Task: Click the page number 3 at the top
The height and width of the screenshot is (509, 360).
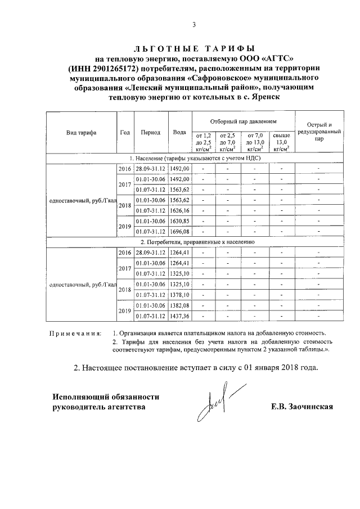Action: pos(193,24)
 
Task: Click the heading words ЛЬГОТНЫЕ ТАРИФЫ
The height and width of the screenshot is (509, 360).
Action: pos(194,48)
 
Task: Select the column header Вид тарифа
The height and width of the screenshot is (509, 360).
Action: pos(81,133)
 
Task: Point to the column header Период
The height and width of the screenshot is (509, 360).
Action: pos(151,133)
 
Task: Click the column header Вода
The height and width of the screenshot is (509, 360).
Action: pos(179,133)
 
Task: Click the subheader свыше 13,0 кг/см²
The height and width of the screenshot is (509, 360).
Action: pos(281,142)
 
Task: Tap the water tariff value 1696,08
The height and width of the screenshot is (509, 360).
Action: pos(180,231)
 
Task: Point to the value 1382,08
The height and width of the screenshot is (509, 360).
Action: pos(180,305)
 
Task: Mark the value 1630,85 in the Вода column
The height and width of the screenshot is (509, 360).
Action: pos(180,220)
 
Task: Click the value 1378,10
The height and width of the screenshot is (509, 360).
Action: pos(180,295)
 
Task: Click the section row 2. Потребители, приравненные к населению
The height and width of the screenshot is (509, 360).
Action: pos(193,241)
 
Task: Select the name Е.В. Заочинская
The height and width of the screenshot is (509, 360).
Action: pos(302,406)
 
